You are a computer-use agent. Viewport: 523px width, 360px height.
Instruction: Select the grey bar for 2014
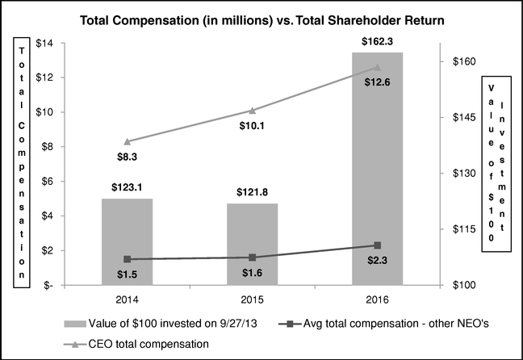127,241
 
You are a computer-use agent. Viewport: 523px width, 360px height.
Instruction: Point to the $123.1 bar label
127,186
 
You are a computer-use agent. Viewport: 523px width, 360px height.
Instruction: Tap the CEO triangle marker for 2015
252,111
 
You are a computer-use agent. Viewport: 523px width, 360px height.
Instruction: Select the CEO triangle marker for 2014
127,141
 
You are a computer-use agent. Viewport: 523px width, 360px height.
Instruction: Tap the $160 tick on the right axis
463,61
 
